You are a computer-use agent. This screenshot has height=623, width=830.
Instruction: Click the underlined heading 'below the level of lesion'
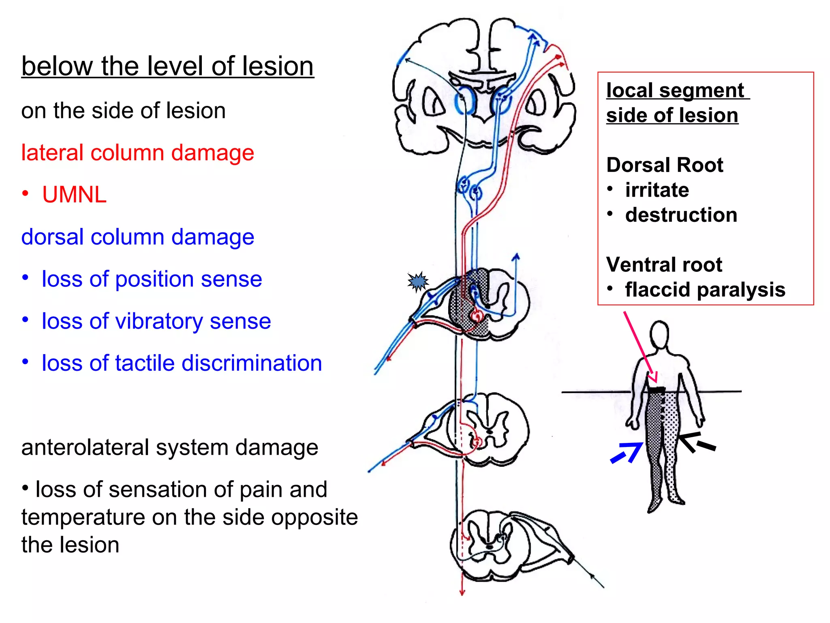coord(167,66)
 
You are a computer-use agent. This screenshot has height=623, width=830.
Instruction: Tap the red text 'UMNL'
coord(74,195)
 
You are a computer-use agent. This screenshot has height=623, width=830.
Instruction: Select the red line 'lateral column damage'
coord(137,153)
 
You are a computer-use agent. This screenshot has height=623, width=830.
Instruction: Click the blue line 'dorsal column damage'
coord(137,237)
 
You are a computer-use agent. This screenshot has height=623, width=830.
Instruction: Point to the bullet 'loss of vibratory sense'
coord(156,321)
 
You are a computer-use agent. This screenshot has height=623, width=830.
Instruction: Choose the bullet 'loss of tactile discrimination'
coord(182,363)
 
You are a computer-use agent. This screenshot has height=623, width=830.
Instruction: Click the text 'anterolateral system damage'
coord(169,447)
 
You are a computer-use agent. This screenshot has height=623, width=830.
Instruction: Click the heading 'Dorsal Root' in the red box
coord(665,165)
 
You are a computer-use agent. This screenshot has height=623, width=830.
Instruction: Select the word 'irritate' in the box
coord(657,190)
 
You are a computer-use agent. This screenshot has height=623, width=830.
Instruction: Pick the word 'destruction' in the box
coord(681,215)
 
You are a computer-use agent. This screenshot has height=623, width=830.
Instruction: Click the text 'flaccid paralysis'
coord(705,290)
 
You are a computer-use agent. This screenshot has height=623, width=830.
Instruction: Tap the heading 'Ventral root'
coord(664,265)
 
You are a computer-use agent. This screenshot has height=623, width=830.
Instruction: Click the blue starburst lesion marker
coord(417,281)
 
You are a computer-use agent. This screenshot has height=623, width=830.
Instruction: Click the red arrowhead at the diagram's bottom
coord(462,593)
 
